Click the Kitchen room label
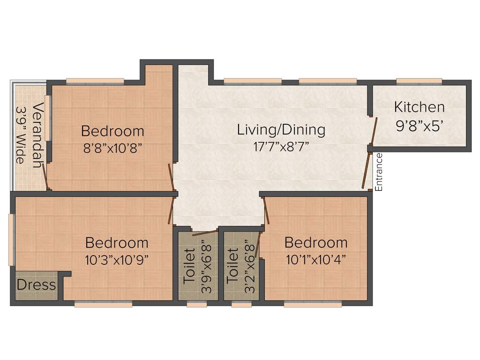pyautogui.click(x=419, y=107)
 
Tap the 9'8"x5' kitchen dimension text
pyautogui.click(x=419, y=126)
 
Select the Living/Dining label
pyautogui.click(x=281, y=129)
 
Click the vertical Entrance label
pyautogui.click(x=379, y=172)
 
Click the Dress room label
pyautogui.click(x=36, y=285)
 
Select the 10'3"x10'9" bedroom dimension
pyautogui.click(x=117, y=260)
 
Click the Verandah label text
pyautogui.click(x=37, y=135)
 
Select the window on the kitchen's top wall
pyautogui.click(x=419, y=82)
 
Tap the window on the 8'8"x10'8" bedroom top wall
pyautogui.click(x=95, y=82)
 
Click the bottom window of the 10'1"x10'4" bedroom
pyautogui.click(x=313, y=304)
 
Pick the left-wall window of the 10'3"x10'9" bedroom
pyautogui.click(x=12, y=240)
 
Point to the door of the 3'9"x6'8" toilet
pyautogui.click(x=204, y=231)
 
